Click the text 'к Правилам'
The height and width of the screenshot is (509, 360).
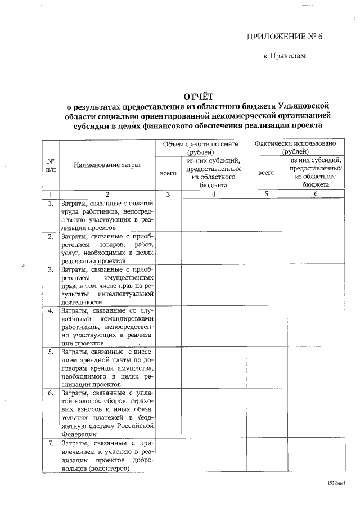(285, 56)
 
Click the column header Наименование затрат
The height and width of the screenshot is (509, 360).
(107, 164)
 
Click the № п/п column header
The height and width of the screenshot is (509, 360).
(51, 164)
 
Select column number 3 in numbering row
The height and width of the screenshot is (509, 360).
(168, 194)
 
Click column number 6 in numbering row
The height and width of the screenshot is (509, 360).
(316, 194)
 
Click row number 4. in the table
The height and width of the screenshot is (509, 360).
(51, 310)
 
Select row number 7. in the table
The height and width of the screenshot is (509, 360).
(51, 444)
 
